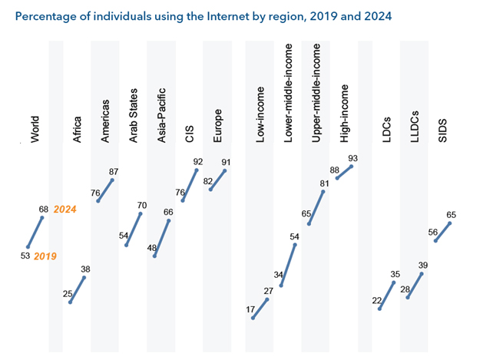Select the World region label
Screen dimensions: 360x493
(35, 130)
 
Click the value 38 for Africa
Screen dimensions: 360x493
(85, 269)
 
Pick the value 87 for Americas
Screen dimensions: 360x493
(114, 171)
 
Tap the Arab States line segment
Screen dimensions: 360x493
(134, 229)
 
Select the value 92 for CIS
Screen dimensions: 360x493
(197, 162)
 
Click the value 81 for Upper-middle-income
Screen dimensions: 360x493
(325, 183)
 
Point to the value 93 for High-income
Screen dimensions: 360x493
(352, 158)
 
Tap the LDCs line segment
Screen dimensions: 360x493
(387, 296)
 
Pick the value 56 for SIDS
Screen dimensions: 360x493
(433, 232)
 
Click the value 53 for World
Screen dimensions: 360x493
(25, 255)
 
